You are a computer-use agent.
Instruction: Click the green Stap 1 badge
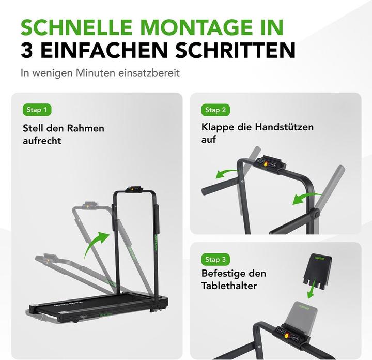[x=37, y=110]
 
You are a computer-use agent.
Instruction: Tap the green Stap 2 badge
[x=215, y=110]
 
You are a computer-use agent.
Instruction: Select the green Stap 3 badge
[x=215, y=259]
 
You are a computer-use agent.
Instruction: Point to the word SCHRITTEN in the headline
[x=236, y=50]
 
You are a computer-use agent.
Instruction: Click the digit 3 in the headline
[x=26, y=50]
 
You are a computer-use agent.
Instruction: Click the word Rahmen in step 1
[x=86, y=128]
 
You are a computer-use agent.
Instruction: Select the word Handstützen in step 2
[x=284, y=127]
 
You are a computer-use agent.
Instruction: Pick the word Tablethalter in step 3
[x=229, y=286]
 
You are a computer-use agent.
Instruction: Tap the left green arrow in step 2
[x=227, y=174]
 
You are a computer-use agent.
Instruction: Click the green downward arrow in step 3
[x=312, y=289]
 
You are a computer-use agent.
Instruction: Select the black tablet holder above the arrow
[x=318, y=272]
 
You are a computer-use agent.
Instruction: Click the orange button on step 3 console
[x=286, y=336]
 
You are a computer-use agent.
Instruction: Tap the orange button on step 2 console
[x=266, y=164]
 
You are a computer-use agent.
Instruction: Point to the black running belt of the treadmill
[x=95, y=305]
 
